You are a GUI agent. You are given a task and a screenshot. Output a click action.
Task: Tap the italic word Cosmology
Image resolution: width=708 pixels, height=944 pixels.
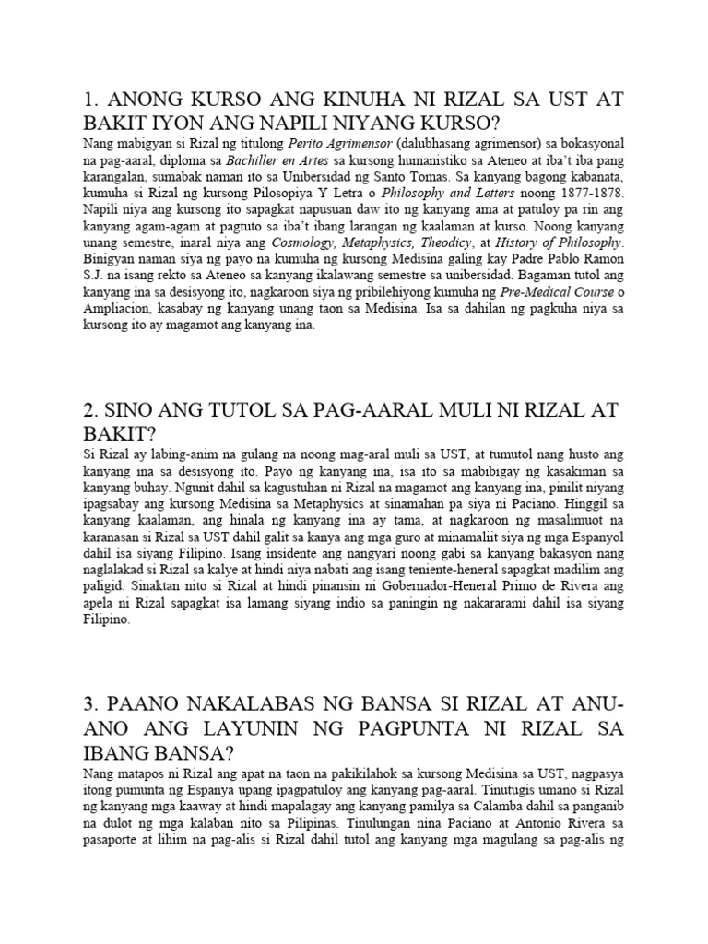click(x=303, y=242)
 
